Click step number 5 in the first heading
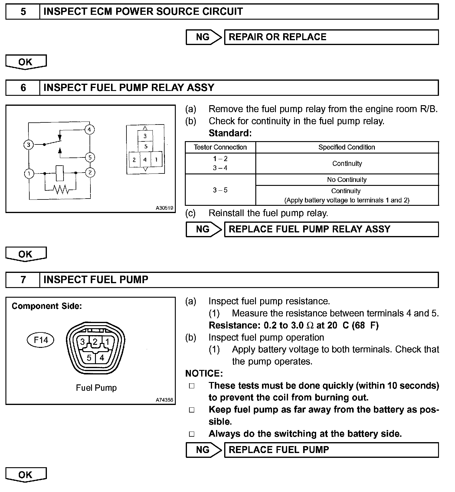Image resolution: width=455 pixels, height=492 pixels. pos(23,12)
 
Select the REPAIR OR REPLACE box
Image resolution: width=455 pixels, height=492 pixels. pos(331,37)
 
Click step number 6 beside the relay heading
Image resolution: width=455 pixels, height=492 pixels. pos(23,88)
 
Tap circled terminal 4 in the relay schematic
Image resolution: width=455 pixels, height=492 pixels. pos(89,130)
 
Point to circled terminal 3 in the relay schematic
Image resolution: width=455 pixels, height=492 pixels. pos(28,145)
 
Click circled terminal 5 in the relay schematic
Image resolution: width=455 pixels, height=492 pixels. pos(90,157)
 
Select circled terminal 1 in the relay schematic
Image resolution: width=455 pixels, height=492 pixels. pos(29,173)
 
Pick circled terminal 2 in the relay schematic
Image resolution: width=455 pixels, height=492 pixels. pos(90,173)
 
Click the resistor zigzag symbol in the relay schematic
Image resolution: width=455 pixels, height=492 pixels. pos(61,189)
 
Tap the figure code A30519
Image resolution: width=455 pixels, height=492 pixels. pos(164,208)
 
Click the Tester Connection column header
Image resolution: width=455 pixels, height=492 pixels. pos(220,147)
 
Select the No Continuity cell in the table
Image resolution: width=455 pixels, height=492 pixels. pos(347,180)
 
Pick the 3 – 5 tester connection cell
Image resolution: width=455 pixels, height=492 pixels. pos(220,190)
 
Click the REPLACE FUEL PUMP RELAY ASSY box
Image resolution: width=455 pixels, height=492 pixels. pos(331,229)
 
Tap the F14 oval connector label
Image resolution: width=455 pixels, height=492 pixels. pos(41,340)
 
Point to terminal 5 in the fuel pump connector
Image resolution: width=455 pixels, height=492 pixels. pos(89,358)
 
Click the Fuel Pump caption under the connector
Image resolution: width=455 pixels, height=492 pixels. pos(96,388)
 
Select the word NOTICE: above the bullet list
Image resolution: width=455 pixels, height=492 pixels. pos(204,374)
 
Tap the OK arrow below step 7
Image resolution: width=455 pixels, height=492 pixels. pos(26,475)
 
